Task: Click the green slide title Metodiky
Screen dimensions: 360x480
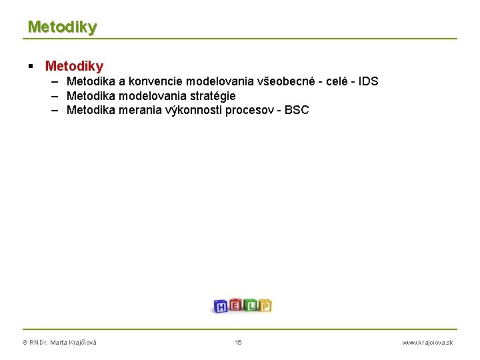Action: point(62,27)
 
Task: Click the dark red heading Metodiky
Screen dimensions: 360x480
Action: point(74,66)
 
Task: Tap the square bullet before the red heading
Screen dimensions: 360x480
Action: point(31,66)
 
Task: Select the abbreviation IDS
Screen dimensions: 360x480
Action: point(368,81)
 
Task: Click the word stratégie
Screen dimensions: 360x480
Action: point(210,96)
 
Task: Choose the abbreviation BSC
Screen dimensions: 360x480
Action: point(297,110)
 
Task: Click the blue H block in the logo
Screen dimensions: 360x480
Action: point(221,307)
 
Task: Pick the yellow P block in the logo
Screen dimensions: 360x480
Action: point(265,306)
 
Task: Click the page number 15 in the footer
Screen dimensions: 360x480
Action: point(239,343)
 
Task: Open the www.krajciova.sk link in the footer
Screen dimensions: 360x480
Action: point(427,343)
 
